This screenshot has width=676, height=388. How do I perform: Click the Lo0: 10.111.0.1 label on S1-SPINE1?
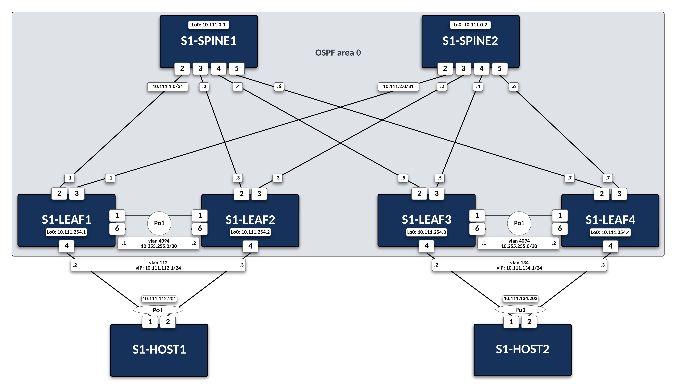[x=208, y=25]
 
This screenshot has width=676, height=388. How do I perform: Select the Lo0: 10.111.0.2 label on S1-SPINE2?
[x=470, y=25]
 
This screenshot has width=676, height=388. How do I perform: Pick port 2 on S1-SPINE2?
[x=445, y=68]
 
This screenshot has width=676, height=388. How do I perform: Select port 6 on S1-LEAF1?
[x=117, y=228]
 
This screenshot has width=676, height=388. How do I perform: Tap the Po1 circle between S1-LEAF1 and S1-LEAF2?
[x=159, y=223]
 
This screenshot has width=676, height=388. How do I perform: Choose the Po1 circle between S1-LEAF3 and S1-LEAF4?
[x=519, y=223]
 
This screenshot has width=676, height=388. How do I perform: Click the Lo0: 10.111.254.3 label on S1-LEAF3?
[x=426, y=232]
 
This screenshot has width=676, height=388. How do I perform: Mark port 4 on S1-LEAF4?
[x=610, y=246]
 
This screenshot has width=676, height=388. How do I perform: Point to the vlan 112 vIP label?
[x=158, y=265]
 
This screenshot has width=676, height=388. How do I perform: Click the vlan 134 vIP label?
[x=519, y=265]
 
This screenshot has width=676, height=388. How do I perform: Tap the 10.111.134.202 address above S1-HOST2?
[x=520, y=298]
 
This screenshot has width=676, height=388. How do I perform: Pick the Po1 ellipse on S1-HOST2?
[x=520, y=310]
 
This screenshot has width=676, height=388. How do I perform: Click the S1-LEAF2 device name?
[x=250, y=220]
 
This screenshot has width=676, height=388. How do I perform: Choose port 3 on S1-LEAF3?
[x=437, y=193]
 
